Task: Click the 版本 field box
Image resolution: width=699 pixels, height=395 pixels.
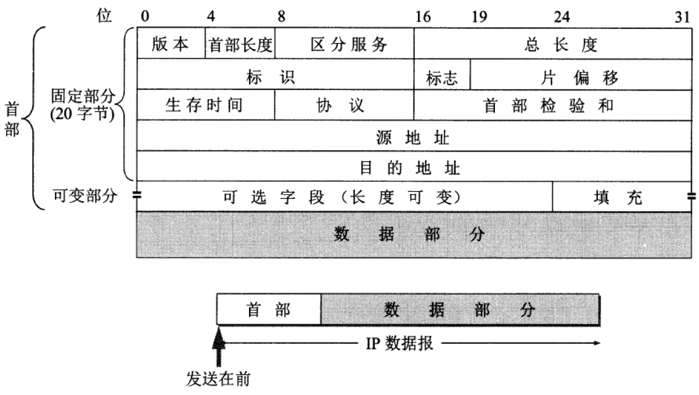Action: (171, 44)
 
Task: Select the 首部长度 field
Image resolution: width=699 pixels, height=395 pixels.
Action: (240, 44)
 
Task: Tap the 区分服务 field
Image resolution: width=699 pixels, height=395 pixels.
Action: (345, 44)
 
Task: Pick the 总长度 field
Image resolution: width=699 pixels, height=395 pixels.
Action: (552, 44)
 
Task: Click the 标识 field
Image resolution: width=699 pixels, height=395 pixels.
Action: (275, 76)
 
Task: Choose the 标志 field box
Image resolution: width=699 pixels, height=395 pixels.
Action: (442, 76)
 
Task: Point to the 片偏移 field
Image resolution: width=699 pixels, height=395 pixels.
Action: (581, 76)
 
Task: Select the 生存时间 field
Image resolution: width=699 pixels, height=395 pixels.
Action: (205, 105)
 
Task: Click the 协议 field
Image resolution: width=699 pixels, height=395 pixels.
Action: (345, 105)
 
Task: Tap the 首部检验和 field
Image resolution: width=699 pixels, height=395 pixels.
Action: (552, 105)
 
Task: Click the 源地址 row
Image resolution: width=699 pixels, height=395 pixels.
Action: (414, 136)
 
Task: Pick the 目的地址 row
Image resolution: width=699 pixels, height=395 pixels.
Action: (414, 166)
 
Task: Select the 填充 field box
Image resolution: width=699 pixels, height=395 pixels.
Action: (622, 197)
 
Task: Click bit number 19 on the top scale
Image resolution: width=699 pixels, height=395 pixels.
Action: (478, 17)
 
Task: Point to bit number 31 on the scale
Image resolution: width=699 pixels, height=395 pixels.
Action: (682, 17)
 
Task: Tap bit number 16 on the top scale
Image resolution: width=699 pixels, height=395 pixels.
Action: (423, 17)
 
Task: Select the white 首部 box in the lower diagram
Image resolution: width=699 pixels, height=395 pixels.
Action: (269, 310)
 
